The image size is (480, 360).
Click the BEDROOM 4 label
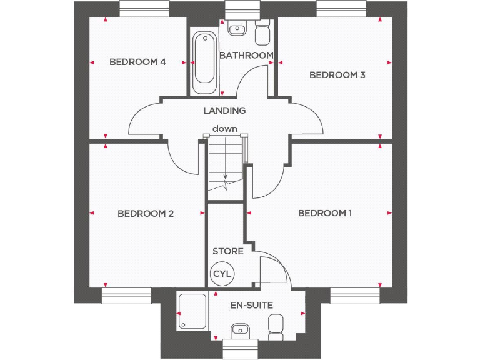[x=137, y=62]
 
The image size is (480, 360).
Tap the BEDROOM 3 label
[x=337, y=75]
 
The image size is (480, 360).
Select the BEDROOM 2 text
[x=146, y=214]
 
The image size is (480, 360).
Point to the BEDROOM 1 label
[x=325, y=214]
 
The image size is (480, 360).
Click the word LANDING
[x=224, y=111]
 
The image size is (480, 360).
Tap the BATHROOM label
[x=246, y=55]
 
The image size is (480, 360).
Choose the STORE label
[x=228, y=251]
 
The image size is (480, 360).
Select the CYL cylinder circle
[x=222, y=274]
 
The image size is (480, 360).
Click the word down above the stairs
[x=224, y=129]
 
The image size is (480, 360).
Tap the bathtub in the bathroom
[x=204, y=62]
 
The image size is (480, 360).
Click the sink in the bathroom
[x=237, y=28]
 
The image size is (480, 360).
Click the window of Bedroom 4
[x=144, y=9]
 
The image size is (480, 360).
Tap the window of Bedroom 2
[x=127, y=296]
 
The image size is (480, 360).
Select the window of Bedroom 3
[x=341, y=9]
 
